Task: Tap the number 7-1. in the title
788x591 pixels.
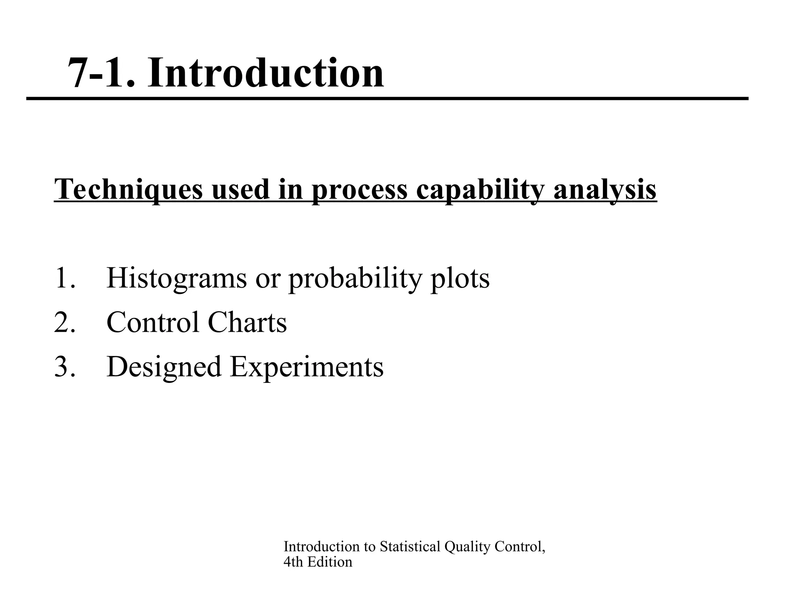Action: (x=102, y=73)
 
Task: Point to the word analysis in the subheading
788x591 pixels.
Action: (x=605, y=189)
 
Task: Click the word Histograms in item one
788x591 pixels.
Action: (x=177, y=278)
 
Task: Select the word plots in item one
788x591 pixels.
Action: (x=460, y=278)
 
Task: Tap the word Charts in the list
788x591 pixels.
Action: (x=247, y=322)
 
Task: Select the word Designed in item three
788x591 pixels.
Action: (x=164, y=367)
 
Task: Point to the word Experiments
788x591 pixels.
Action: (x=307, y=367)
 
